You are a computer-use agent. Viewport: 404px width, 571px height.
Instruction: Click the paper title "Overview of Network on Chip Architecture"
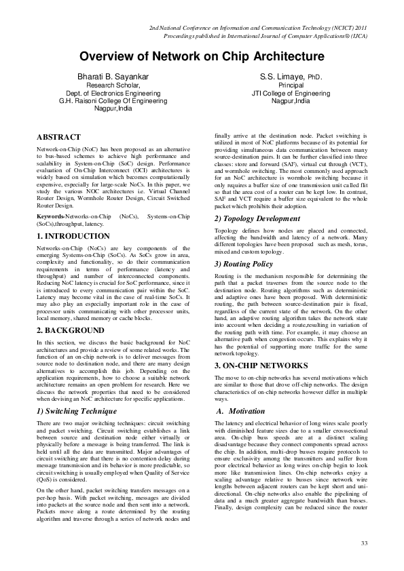point(202,57)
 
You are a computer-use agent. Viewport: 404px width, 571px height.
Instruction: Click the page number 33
point(364,543)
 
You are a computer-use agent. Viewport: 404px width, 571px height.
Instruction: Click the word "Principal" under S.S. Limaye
point(291,86)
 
